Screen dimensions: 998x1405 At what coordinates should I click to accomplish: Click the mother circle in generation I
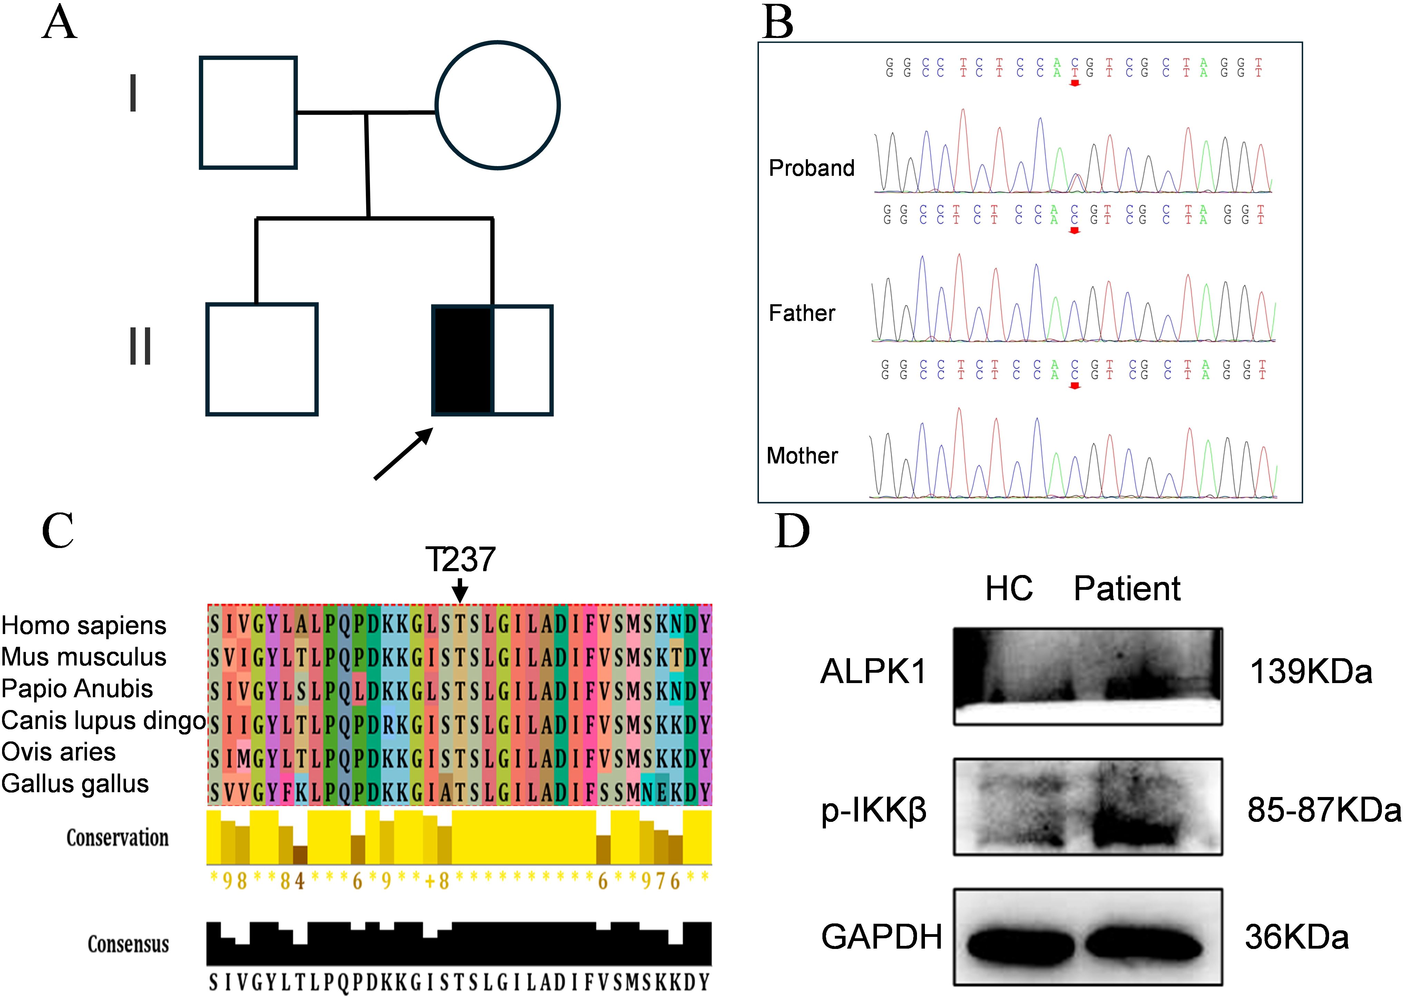(497, 105)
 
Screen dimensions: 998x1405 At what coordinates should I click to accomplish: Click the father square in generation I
(248, 113)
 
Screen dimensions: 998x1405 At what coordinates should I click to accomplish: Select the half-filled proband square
(492, 360)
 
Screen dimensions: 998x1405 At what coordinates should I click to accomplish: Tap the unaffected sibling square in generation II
(262, 359)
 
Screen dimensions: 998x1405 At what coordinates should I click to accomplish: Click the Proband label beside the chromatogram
(811, 168)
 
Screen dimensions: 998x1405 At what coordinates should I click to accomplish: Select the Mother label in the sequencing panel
(802, 455)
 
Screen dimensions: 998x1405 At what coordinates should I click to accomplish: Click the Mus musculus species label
(84, 656)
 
